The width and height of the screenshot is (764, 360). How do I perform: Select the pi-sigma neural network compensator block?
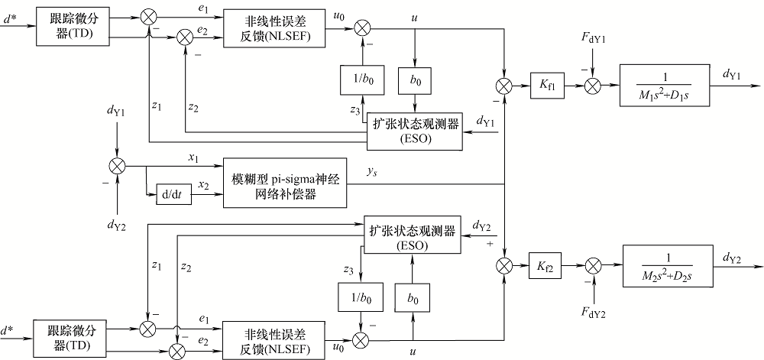point(284,184)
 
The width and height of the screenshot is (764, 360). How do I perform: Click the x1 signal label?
point(193,157)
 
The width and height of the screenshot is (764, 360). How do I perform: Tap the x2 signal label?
point(203,186)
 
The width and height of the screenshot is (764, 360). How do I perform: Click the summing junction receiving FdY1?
point(591,84)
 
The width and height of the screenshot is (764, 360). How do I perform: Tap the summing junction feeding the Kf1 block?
point(505,84)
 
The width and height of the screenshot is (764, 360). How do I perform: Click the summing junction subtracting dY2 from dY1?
point(116,164)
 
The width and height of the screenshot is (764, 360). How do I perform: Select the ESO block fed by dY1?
point(414,131)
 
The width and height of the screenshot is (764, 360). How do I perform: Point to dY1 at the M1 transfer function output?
point(734,73)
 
